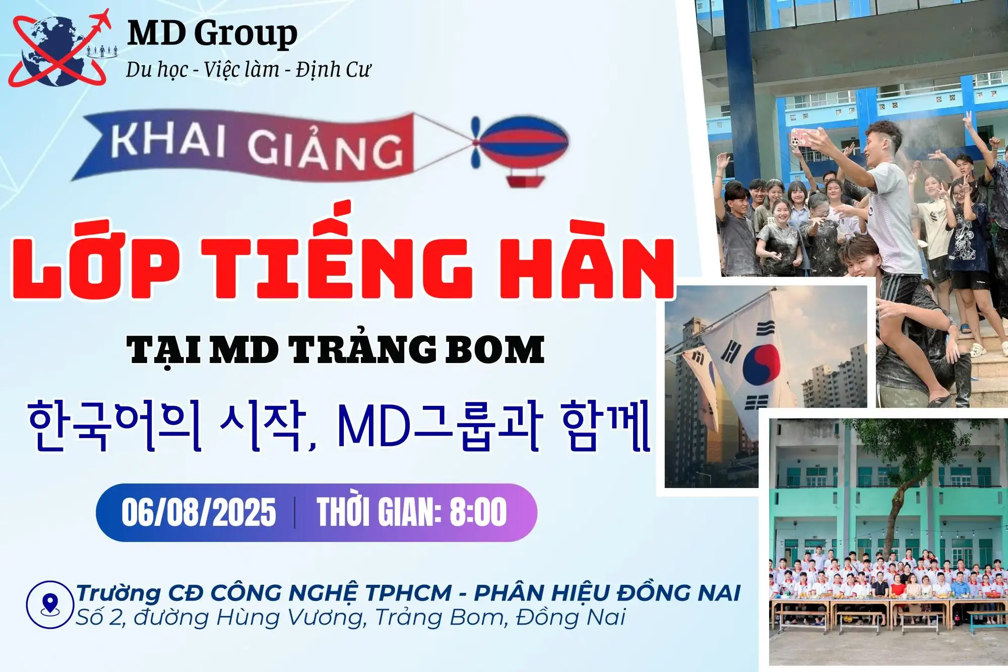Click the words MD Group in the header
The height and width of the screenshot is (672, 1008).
point(212,33)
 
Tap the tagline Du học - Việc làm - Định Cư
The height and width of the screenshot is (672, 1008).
point(248,70)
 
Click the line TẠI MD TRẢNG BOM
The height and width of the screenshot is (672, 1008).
point(336,349)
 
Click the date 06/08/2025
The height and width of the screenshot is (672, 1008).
point(199,512)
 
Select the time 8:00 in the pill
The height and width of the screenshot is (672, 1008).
point(478,512)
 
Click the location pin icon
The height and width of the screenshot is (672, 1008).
point(50,604)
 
